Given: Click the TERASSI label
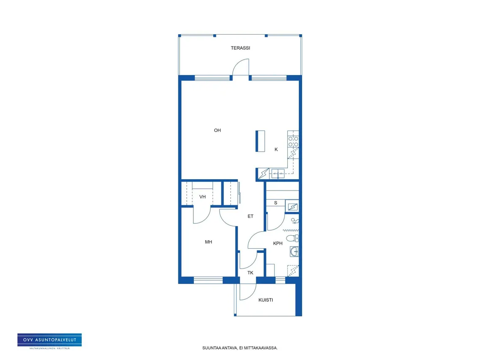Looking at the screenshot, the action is click(x=240, y=48).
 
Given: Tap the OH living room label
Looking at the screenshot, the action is click(x=217, y=130).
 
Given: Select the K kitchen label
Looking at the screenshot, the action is click(x=276, y=149).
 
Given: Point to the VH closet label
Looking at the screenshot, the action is click(x=202, y=197).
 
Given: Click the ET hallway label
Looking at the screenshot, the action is click(x=250, y=216).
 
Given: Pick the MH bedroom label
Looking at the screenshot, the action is click(x=209, y=242).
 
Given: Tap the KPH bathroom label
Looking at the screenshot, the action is click(x=278, y=243).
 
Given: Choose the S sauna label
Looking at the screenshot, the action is click(x=276, y=203).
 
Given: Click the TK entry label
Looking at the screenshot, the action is click(x=250, y=273).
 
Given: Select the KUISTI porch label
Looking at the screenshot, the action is click(x=266, y=300).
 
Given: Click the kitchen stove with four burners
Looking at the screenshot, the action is click(x=293, y=142).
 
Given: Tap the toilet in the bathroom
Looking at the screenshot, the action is click(x=292, y=238).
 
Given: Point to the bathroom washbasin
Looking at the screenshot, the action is click(x=294, y=252).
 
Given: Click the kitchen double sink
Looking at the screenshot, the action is click(x=278, y=174).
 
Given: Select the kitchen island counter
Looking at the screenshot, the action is click(x=260, y=141).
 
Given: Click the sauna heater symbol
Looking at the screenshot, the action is click(x=292, y=207).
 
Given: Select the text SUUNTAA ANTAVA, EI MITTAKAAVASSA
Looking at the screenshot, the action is click(x=240, y=348).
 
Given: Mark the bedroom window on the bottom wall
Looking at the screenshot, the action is click(x=208, y=280).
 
